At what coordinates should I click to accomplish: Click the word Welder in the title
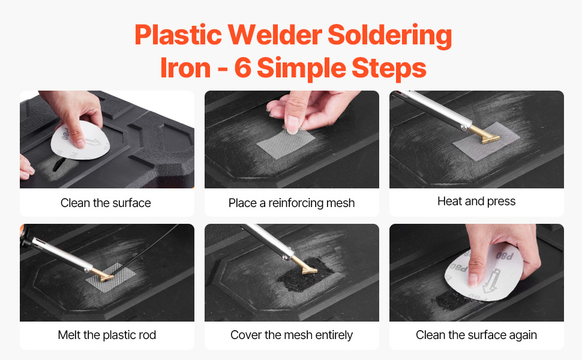pos(275,35)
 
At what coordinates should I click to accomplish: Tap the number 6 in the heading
pos(243,68)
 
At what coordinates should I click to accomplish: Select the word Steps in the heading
pos(389,68)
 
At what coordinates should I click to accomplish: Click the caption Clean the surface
pos(106,203)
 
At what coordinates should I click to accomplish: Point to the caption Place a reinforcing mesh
pos(292,203)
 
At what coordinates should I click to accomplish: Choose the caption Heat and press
pos(476,201)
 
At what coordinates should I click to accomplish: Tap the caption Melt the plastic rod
pos(107,335)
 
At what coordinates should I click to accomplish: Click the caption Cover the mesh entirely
pos(292,335)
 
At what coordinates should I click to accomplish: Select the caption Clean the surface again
pos(476,335)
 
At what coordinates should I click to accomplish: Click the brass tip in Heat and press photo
pos(484,135)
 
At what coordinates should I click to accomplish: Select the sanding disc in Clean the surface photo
pos(80,140)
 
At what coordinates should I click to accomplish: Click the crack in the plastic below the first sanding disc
pos(58,164)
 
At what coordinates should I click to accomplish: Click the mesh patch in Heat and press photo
pos(486,141)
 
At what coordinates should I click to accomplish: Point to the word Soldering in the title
pos(390,36)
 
